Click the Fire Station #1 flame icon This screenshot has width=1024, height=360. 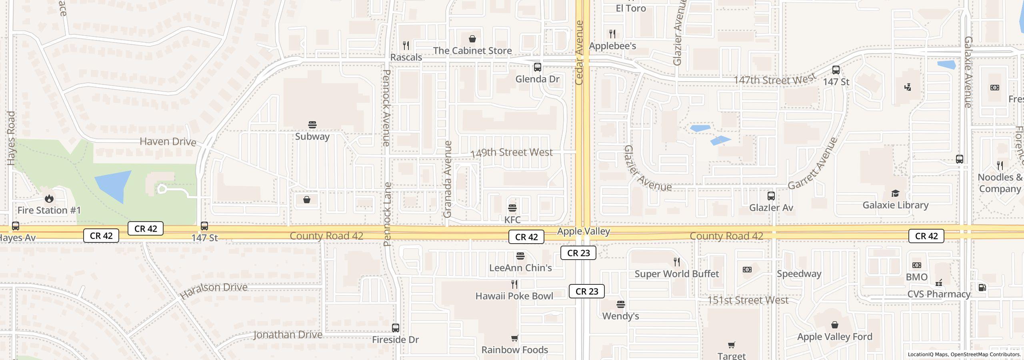[49, 198]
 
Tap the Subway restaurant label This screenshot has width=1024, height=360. [312, 136]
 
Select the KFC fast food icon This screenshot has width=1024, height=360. [512, 208]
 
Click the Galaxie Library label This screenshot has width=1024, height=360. [895, 205]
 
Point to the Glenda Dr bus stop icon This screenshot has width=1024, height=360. [538, 67]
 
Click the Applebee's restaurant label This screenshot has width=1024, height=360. [612, 46]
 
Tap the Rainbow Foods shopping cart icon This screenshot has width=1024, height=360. [514, 338]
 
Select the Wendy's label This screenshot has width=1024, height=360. [620, 316]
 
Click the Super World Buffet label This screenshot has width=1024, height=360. [676, 274]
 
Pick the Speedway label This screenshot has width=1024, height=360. [799, 274]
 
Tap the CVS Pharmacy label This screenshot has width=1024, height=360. [938, 294]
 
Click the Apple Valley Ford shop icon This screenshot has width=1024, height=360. [835, 325]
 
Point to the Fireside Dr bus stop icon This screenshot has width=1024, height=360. [395, 328]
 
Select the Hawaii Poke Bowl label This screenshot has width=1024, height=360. [514, 296]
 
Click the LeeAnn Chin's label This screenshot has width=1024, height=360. [520, 268]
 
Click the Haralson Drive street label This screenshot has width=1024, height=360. [214, 290]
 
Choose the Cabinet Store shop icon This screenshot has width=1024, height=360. [472, 39]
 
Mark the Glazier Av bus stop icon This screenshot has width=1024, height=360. [771, 196]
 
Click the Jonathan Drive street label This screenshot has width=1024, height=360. [288, 334]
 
